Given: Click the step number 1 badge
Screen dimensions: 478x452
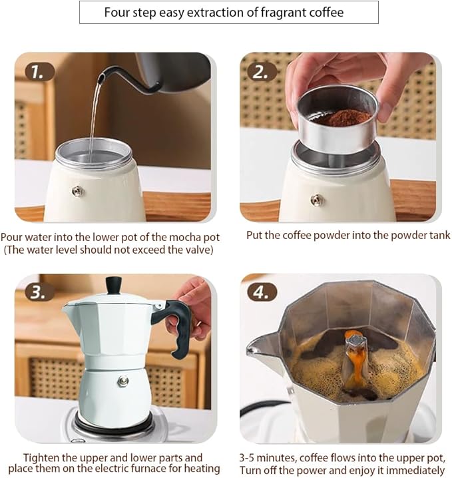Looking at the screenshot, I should [40, 71].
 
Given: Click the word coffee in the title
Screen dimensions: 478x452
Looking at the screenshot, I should [329, 13].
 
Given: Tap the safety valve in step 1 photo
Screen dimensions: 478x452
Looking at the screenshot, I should [78, 192].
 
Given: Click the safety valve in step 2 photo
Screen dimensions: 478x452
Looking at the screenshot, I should [318, 199].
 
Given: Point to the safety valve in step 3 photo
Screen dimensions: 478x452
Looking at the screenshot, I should [122, 381].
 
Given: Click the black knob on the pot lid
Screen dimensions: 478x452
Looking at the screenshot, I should [114, 285].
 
